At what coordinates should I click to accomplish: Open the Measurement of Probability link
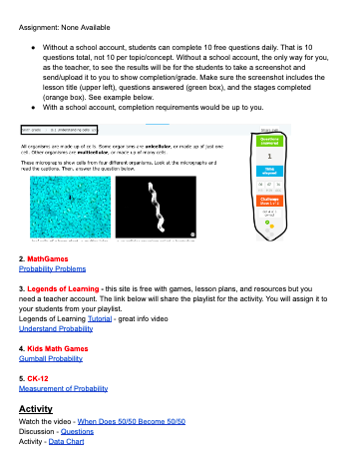[x=70, y=388]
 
